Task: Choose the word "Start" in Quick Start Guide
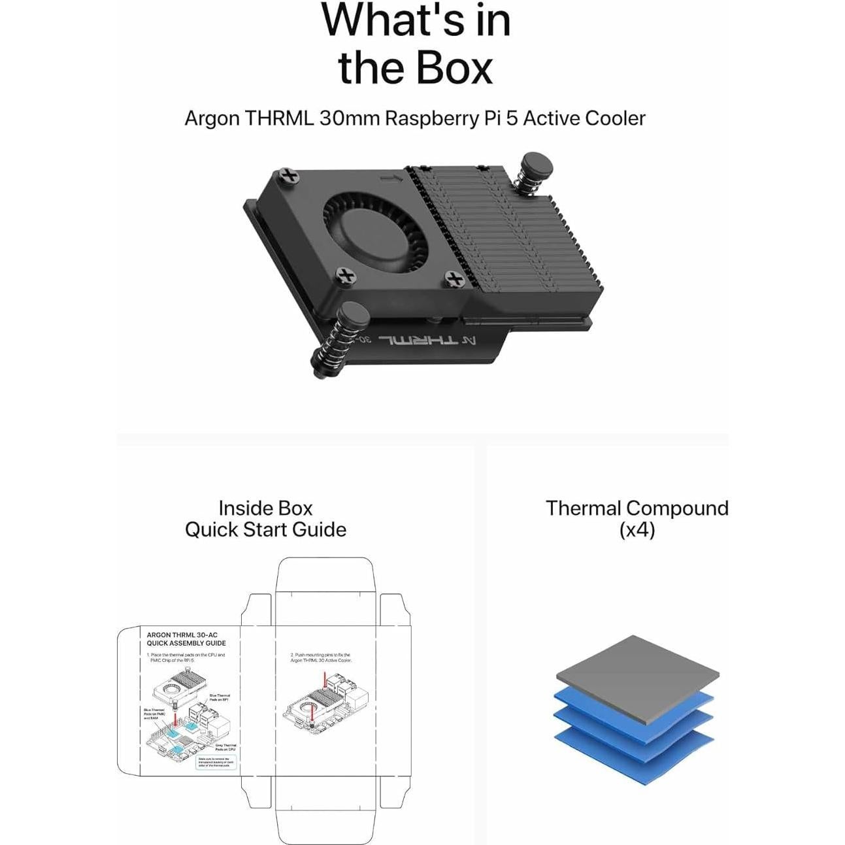[x=265, y=529]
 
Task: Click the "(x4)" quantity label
[x=637, y=529]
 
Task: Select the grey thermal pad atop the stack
[x=637, y=676]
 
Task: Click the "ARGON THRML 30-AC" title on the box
[x=182, y=635]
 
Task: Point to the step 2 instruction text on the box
[x=320, y=657]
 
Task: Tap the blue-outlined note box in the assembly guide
[x=216, y=762]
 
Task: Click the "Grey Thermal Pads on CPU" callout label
[x=225, y=747]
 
